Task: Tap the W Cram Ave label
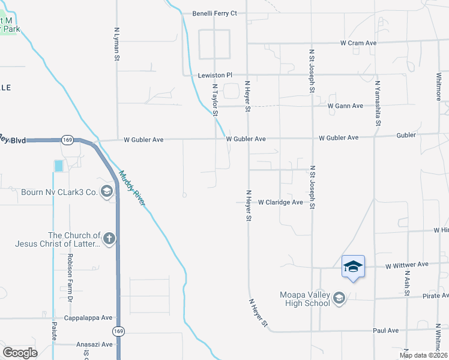(358, 43)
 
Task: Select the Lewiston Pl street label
(215, 76)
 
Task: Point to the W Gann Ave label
(345, 106)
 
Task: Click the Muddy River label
(132, 188)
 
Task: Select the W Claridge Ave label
(280, 203)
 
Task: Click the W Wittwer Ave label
(407, 265)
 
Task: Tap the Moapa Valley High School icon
(339, 298)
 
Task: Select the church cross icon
(109, 239)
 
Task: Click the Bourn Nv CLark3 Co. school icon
(107, 192)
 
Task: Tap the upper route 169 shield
(67, 140)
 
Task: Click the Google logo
(20, 353)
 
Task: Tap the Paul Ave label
(385, 330)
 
